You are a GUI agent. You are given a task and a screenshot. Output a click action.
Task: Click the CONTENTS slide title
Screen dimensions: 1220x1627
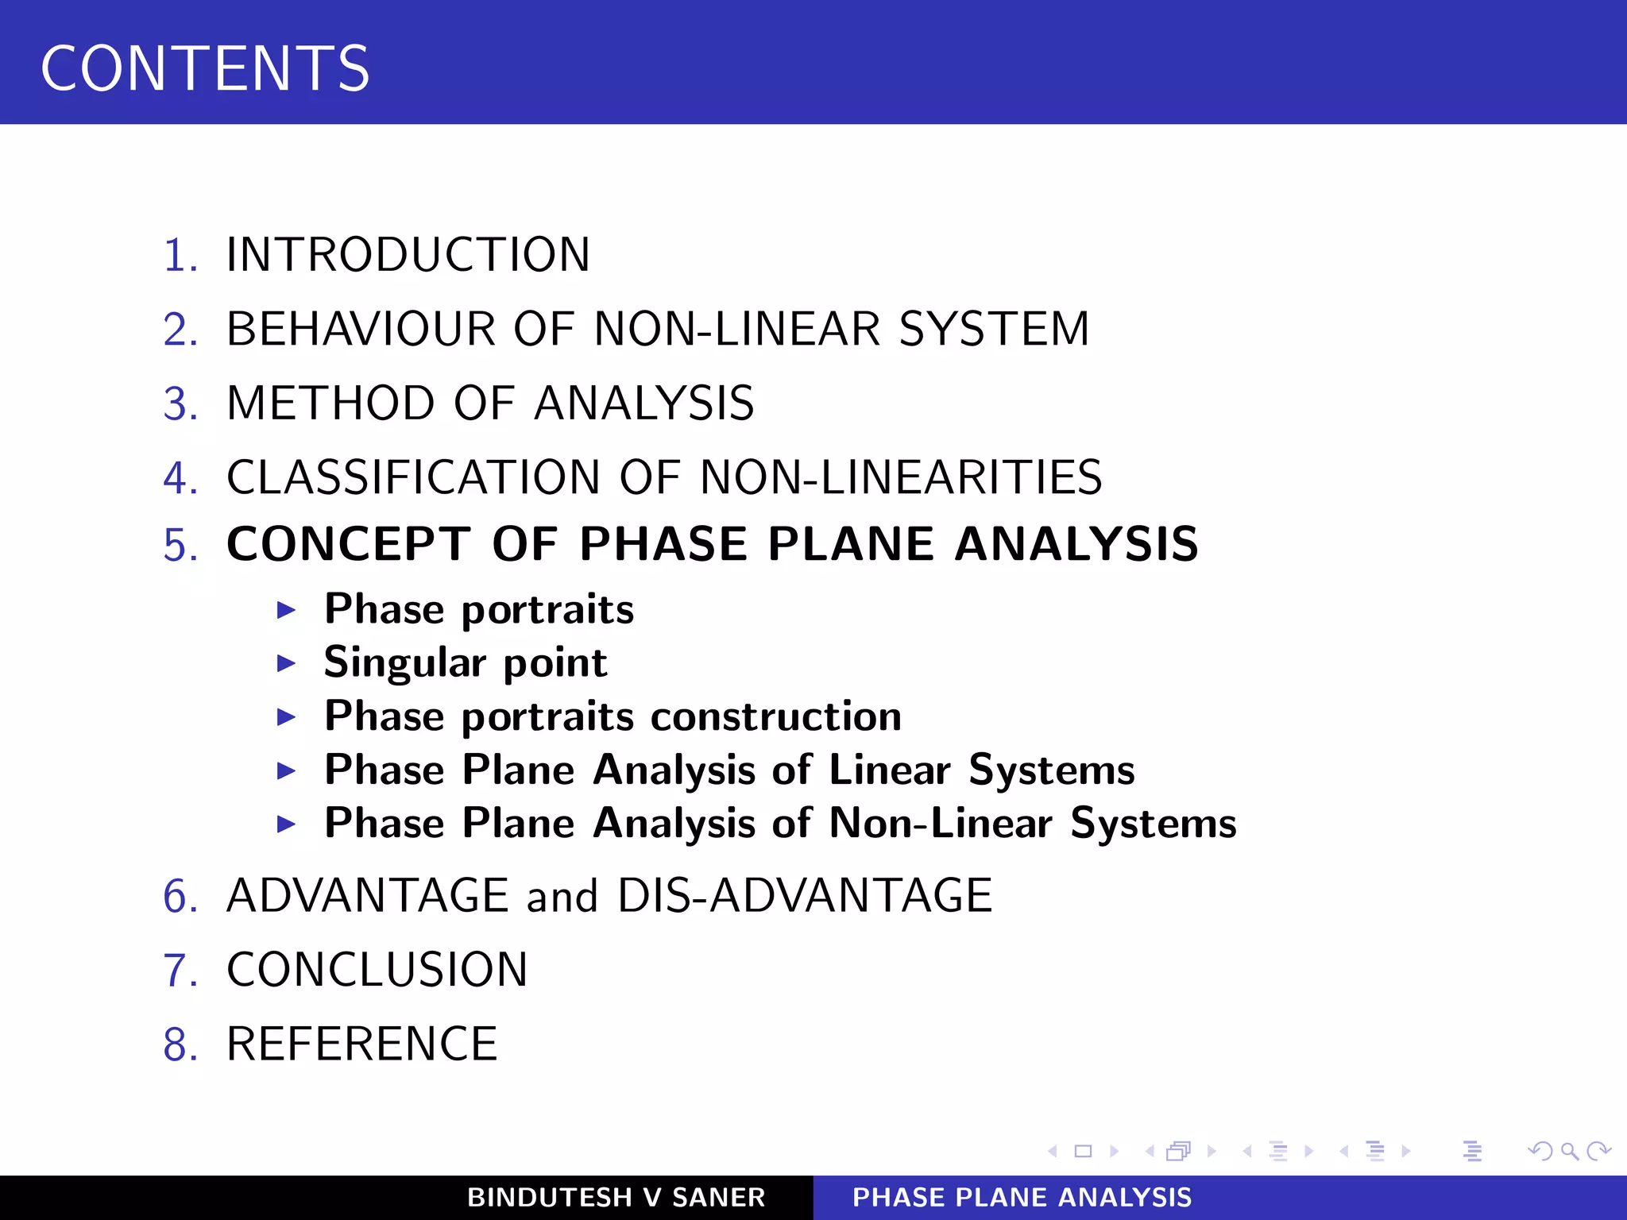[x=205, y=68]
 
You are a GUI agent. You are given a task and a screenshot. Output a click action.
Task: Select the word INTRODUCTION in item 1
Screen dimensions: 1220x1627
[x=408, y=255]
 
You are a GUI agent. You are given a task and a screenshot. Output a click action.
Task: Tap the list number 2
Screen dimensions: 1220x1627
[x=180, y=329]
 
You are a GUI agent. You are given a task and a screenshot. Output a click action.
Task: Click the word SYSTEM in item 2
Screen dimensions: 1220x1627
[x=994, y=329]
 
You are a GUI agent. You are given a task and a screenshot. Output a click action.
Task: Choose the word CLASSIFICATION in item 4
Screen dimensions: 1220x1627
[x=413, y=477]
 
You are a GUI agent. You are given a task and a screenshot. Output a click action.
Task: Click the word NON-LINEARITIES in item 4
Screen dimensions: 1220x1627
[x=901, y=477]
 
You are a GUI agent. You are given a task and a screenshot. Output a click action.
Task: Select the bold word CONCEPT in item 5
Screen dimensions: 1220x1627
[x=349, y=544]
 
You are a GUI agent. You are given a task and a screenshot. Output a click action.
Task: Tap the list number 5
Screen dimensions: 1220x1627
[x=180, y=546]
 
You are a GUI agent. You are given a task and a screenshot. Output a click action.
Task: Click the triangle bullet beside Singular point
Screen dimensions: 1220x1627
[x=286, y=663]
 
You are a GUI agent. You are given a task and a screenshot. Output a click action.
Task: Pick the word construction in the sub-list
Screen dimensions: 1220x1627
[x=776, y=716]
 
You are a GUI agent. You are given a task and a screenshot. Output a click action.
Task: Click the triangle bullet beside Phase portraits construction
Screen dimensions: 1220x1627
[x=286, y=717]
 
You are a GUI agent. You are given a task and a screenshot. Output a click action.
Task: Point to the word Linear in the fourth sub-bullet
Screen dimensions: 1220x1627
[x=890, y=770]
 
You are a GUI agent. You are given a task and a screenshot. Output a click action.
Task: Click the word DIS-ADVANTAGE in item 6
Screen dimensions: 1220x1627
[x=805, y=896]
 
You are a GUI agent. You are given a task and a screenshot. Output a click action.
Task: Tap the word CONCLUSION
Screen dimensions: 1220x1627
[x=377, y=970]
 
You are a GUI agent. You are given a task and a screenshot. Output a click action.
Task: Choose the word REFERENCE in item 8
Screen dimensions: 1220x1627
[x=362, y=1044]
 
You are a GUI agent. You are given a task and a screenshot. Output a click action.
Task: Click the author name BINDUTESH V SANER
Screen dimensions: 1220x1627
[x=616, y=1198]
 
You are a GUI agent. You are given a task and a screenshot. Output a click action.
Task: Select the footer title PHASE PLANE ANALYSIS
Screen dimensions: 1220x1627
[x=1022, y=1198]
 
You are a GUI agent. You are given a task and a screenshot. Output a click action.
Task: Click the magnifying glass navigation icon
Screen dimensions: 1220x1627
[x=1569, y=1151]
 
